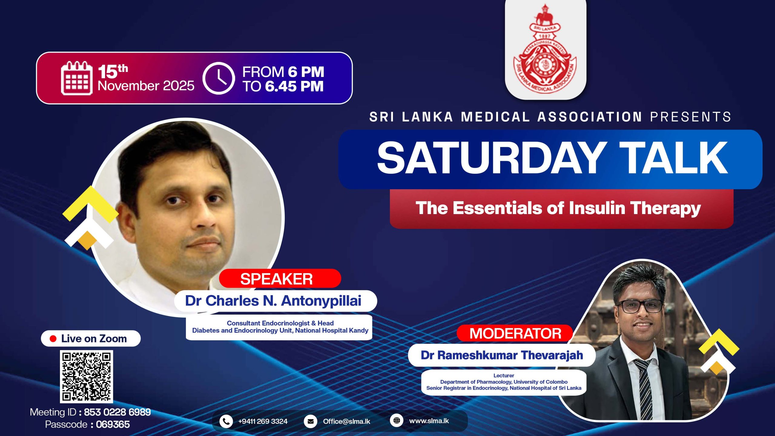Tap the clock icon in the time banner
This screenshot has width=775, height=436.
coord(219,78)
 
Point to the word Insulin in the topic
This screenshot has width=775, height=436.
coord(597,208)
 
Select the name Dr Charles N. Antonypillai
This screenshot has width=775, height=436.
coord(273,301)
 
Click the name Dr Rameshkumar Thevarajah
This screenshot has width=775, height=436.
coord(502,355)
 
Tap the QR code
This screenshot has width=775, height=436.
coord(87,377)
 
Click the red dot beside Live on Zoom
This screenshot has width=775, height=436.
coord(53,339)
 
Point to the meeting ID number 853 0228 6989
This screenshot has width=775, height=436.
coord(117,412)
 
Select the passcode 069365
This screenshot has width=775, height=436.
coord(113,424)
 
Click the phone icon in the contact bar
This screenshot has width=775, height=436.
coord(226,421)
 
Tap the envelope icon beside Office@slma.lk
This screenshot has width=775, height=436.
coord(310,421)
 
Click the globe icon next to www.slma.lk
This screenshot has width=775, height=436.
coord(397,421)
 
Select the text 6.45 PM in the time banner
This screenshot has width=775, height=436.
coord(294,86)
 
